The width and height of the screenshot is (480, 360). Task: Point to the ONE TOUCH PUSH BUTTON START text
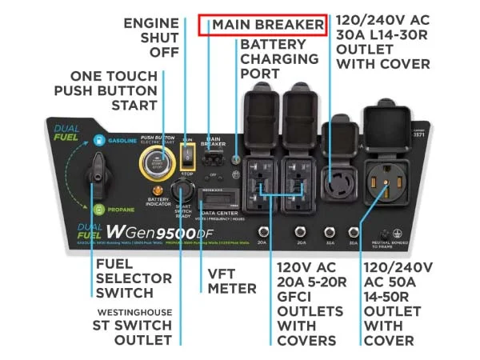click(x=106, y=90)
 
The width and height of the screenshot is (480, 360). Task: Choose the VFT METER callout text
click(x=232, y=281)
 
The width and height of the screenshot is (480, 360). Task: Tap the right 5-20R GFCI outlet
click(x=296, y=181)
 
